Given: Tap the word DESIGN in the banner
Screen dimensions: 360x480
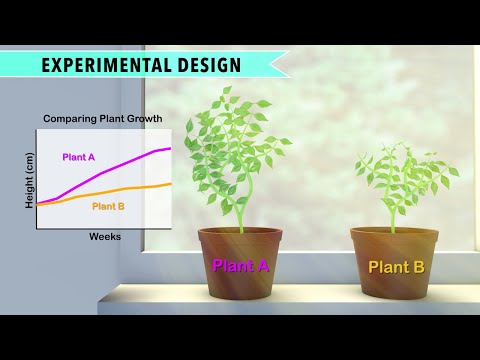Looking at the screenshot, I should [208, 65].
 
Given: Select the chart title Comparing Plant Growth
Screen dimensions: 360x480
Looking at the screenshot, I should [102, 119].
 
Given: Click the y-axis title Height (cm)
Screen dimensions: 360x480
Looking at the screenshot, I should [29, 180].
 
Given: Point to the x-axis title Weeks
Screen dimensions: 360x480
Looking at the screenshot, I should [105, 237].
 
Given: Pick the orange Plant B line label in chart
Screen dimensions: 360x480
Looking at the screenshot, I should [108, 206].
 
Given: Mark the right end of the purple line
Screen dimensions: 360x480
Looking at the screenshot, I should [171, 148].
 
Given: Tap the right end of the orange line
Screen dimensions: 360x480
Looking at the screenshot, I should [171, 184].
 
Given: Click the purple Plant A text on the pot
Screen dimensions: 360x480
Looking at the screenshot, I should [241, 266].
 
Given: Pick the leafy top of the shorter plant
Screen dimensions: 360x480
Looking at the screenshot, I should [400, 170].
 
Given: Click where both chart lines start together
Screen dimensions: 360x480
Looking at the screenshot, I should [39, 204].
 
